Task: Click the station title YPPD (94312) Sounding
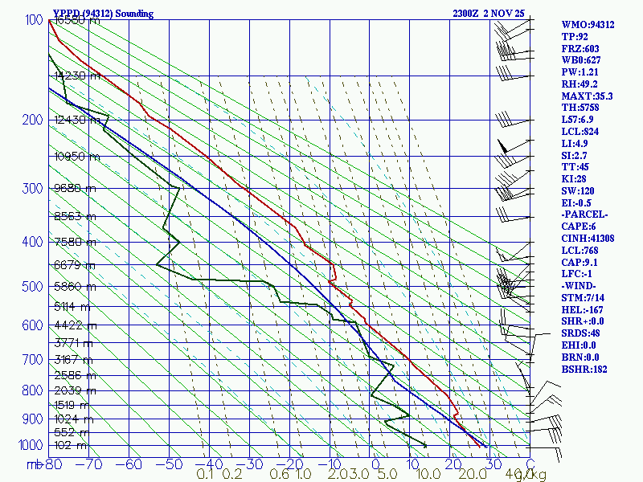pyautogui.click(x=103, y=14)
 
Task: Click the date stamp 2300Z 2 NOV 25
pyautogui.click(x=489, y=14)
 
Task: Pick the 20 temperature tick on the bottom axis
pyautogui.click(x=449, y=464)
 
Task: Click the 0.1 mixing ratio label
pyautogui.click(x=205, y=475)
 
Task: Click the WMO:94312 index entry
pyautogui.click(x=588, y=25)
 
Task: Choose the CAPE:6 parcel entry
pyautogui.click(x=580, y=227)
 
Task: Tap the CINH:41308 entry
pyautogui.click(x=588, y=239)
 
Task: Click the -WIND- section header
pyautogui.click(x=581, y=286)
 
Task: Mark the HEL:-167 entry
pyautogui.click(x=582, y=310)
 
